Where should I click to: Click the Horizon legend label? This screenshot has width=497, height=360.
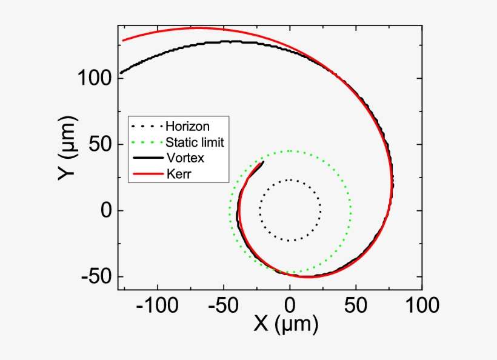[187, 127]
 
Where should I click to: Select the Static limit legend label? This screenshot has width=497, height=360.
[195, 142]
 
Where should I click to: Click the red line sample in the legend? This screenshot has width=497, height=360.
[147, 175]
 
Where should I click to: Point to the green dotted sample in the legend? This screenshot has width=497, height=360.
[147, 143]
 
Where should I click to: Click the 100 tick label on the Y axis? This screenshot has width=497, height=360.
[94, 79]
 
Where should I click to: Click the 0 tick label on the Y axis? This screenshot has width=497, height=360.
[107, 211]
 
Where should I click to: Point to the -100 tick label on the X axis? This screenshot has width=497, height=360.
[158, 305]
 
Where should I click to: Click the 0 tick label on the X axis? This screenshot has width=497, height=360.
[290, 305]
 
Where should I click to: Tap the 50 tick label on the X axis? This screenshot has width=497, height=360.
[356, 305]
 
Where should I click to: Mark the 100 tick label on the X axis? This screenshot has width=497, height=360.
[422, 305]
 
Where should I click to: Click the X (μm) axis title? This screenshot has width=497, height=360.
[285, 326]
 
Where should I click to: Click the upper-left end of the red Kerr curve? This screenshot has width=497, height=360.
[123, 41]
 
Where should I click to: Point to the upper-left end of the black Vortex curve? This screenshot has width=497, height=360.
[120, 73]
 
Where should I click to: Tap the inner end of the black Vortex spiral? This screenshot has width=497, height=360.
[263, 162]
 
